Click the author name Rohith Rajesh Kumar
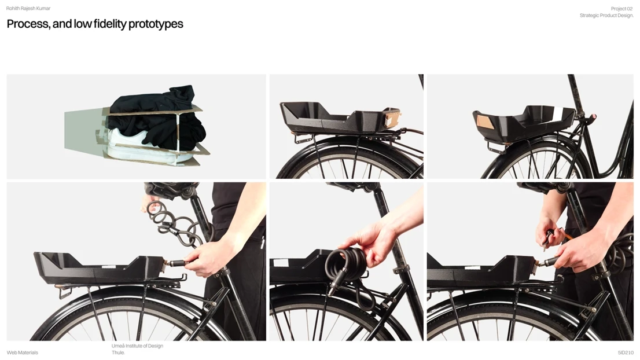pyautogui.click(x=28, y=8)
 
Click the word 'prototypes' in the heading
pyautogui.click(x=156, y=24)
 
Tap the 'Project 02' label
pyautogui.click(x=621, y=9)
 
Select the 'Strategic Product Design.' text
pyautogui.click(x=606, y=16)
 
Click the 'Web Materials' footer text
pyautogui.click(x=23, y=352)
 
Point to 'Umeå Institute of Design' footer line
pyautogui.click(x=137, y=346)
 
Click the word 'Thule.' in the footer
pyautogui.click(x=118, y=352)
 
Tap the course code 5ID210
pyautogui.click(x=626, y=352)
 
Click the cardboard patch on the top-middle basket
pyautogui.click(x=391, y=120)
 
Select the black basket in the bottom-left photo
pyautogui.click(x=98, y=268)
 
